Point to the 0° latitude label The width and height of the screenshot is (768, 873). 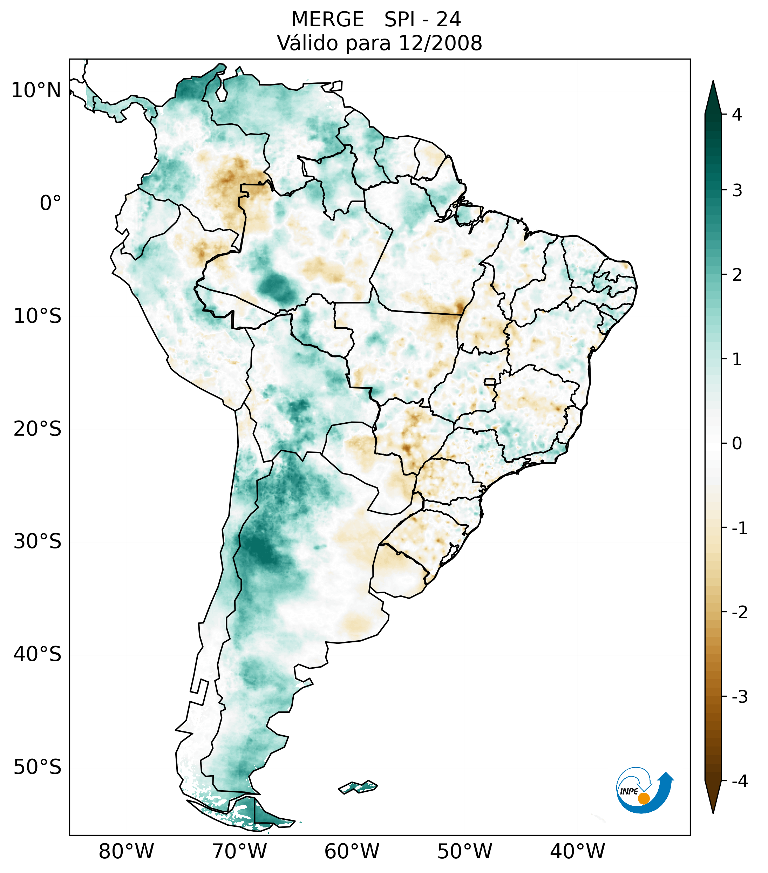(x=50, y=203)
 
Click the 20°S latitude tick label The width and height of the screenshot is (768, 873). (x=38, y=429)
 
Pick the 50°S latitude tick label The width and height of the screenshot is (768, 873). (x=38, y=768)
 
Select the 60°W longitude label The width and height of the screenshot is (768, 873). (x=352, y=851)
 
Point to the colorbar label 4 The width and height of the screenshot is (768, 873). (x=737, y=115)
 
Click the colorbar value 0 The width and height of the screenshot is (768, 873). (x=737, y=444)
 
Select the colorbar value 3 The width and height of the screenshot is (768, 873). (x=737, y=191)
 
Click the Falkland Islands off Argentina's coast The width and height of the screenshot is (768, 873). (x=358, y=787)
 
